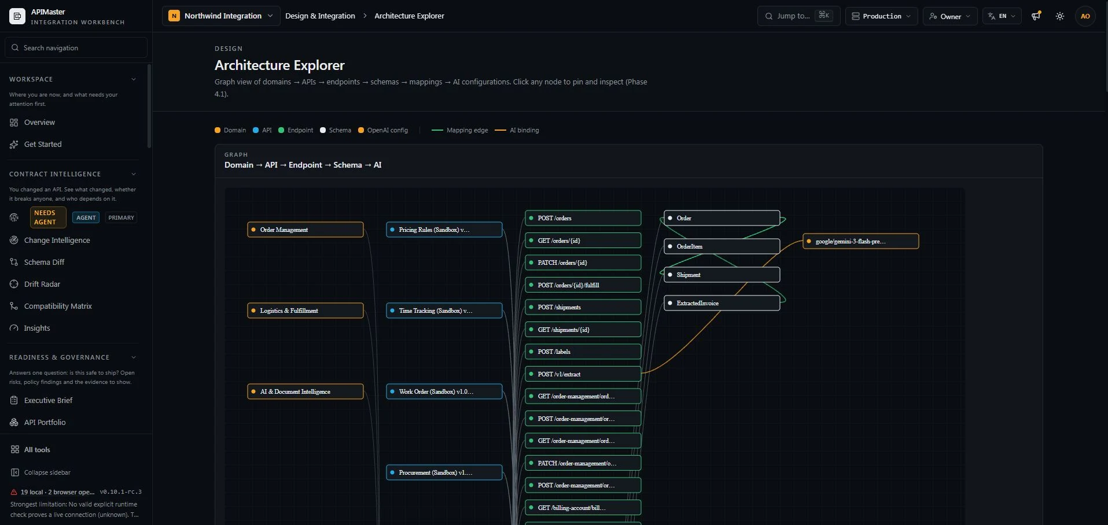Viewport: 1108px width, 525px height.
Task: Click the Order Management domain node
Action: coord(305,230)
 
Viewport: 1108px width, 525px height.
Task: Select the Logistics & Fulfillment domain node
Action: coord(305,310)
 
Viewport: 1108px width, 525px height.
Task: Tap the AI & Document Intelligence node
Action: coord(305,391)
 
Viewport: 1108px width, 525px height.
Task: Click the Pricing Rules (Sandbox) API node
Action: coord(444,230)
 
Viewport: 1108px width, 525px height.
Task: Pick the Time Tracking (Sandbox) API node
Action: coord(444,310)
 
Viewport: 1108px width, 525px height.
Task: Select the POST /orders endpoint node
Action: coord(583,218)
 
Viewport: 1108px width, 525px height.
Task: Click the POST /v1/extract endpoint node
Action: coord(583,374)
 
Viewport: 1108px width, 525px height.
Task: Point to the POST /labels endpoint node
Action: coord(583,352)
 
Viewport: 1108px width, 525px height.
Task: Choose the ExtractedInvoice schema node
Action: coord(722,303)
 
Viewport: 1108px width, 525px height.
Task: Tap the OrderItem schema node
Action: coord(722,246)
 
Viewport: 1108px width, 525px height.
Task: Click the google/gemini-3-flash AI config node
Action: coord(861,241)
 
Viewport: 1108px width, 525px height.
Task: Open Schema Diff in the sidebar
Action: coord(44,262)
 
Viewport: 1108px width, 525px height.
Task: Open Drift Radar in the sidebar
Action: coord(42,284)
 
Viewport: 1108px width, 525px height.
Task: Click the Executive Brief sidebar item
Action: coord(48,400)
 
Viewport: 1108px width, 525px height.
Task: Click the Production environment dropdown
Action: coord(881,16)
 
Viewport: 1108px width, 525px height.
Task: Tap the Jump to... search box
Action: coord(798,16)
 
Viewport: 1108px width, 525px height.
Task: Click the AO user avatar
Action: coord(1085,16)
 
